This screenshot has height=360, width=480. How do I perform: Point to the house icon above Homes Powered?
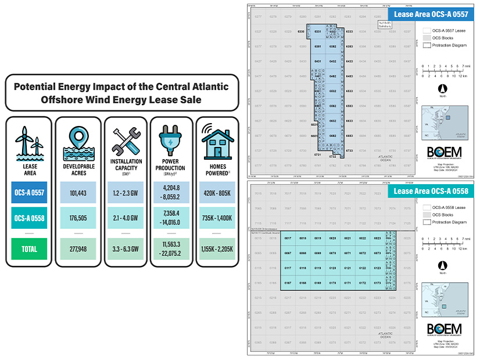tap(216, 141)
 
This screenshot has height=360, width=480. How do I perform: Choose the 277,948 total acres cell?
tap(78, 249)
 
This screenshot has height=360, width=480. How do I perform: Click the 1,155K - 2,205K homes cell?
tap(216, 249)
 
